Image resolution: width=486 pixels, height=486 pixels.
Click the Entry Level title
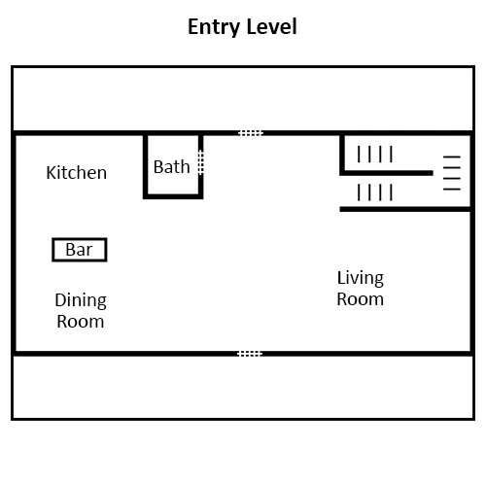(242, 27)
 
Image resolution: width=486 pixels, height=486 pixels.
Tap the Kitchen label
(77, 172)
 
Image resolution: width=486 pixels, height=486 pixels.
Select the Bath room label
(172, 167)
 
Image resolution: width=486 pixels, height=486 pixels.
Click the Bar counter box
(80, 250)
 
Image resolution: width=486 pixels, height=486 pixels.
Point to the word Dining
(81, 301)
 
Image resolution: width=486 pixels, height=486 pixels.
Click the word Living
(361, 279)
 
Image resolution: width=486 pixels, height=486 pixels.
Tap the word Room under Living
(361, 299)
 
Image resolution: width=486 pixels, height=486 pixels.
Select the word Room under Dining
(81, 322)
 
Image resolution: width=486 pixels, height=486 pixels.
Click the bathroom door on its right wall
(201, 162)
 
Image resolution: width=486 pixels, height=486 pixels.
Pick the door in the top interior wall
(251, 133)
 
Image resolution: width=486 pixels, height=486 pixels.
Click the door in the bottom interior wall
(250, 354)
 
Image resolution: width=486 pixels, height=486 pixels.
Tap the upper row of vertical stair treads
(375, 154)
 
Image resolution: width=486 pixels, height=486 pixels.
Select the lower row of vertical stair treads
(375, 192)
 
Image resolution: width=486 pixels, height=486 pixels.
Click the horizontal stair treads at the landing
(452, 173)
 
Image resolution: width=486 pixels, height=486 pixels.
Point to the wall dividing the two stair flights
(388, 173)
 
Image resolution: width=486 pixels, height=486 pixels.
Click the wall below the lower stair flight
(405, 209)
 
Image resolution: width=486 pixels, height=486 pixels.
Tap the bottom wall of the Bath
(173, 196)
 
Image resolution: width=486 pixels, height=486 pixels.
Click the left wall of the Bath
(146, 167)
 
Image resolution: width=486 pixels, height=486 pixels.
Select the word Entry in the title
(214, 27)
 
